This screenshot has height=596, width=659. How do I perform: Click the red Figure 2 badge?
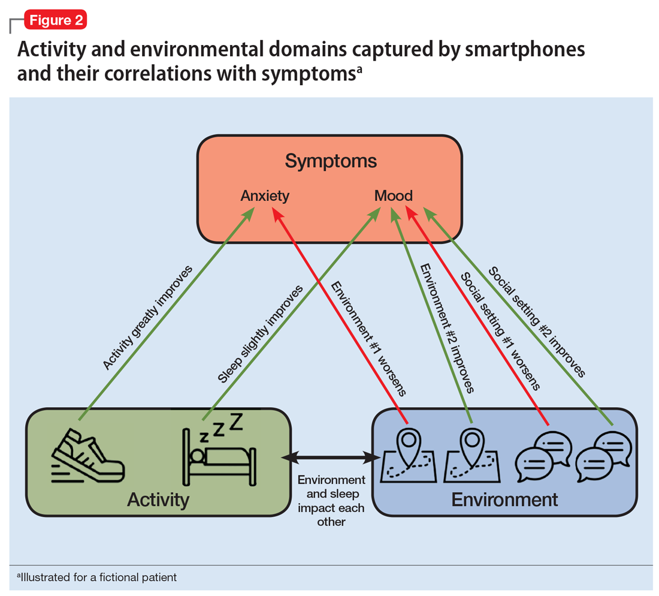point(56,20)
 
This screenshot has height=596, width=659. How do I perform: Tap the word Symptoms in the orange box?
point(331,161)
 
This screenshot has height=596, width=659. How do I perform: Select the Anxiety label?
point(265,196)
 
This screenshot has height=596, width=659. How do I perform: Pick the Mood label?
point(394,195)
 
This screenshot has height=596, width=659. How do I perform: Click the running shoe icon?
point(88,456)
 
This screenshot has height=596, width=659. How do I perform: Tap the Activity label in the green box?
point(158,500)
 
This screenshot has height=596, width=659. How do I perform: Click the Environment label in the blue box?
point(504,499)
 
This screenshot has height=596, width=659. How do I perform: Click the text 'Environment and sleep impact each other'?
point(331,501)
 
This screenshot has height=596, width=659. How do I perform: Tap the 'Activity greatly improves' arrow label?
point(147,318)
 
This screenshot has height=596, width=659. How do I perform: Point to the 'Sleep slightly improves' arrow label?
point(260,335)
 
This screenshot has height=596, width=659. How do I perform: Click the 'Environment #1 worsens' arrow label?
point(368,339)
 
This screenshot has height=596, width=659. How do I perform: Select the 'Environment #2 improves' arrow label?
point(447,329)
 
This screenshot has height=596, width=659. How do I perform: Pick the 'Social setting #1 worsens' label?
point(500,332)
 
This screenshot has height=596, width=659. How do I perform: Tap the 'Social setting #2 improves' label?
point(537,322)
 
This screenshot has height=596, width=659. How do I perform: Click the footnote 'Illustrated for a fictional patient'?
point(96,577)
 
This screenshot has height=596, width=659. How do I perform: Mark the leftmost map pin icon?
point(408,454)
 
